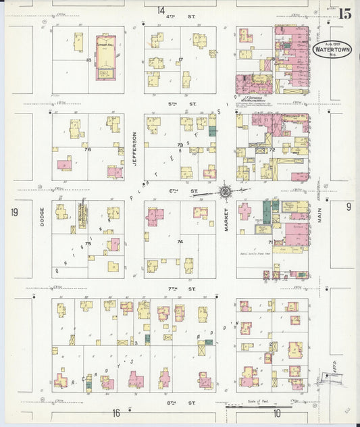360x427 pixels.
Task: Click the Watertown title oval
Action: click(329, 49)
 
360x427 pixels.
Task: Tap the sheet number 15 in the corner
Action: click(344, 13)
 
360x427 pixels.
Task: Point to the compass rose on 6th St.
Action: click(225, 191)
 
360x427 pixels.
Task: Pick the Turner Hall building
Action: click(105, 57)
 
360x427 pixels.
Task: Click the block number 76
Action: click(88, 149)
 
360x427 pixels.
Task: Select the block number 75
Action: click(88, 243)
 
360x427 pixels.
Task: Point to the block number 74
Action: click(180, 241)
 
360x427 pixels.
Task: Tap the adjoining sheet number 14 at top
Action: click(161, 10)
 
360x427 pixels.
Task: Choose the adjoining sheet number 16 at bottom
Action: click(116, 412)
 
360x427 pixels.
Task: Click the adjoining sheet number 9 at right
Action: click(349, 207)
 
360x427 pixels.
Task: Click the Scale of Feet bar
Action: click(250, 407)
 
